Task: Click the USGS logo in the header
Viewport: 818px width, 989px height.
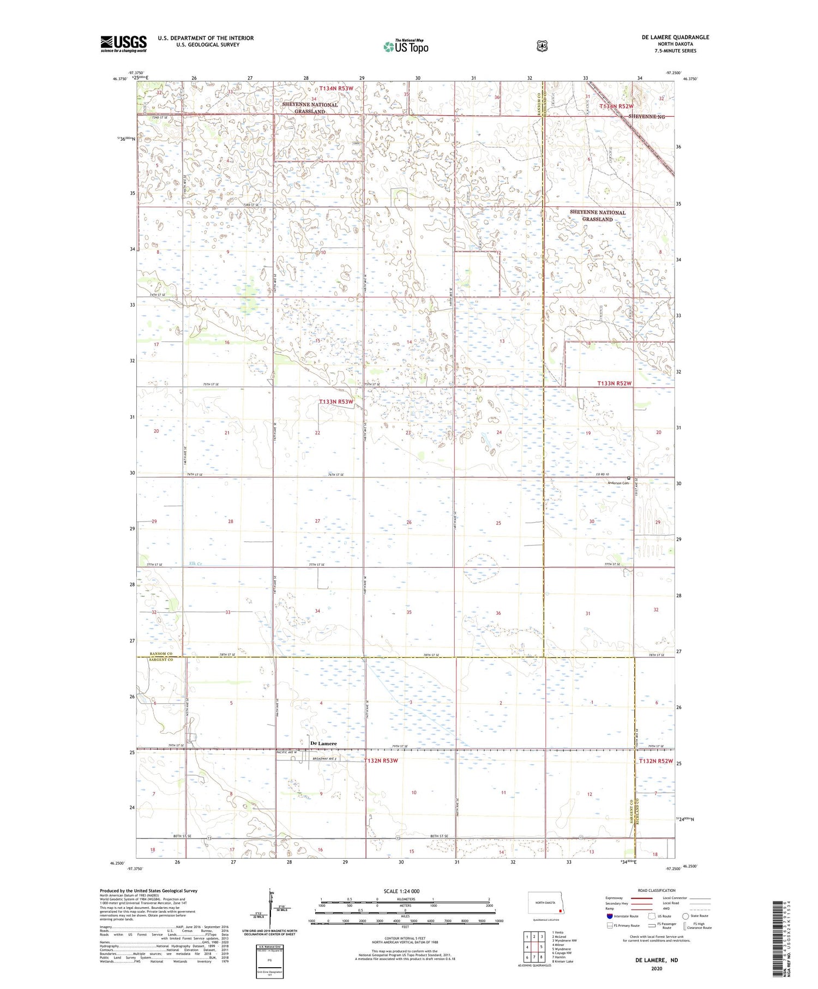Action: click(x=123, y=44)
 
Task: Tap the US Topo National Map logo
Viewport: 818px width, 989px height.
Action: click(x=406, y=46)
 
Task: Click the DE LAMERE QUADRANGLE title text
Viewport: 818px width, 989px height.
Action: click(x=675, y=37)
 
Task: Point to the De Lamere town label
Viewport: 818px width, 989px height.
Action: click(x=323, y=744)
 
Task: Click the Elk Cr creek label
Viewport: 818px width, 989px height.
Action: click(x=195, y=564)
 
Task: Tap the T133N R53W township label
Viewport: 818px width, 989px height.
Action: click(x=336, y=402)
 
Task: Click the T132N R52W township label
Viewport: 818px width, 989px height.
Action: click(x=656, y=761)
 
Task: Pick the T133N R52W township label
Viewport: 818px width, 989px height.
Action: click(x=614, y=383)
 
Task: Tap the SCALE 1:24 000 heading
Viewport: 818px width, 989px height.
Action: click(x=401, y=891)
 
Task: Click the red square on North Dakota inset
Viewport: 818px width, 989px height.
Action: click(x=560, y=910)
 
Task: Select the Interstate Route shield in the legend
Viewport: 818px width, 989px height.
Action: click(x=610, y=916)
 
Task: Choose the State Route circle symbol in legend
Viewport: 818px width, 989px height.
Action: click(x=685, y=916)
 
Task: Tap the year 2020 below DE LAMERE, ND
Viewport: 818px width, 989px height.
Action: click(x=656, y=968)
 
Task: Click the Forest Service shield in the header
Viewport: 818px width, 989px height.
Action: click(x=542, y=46)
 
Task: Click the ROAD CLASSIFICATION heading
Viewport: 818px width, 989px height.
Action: click(x=657, y=890)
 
